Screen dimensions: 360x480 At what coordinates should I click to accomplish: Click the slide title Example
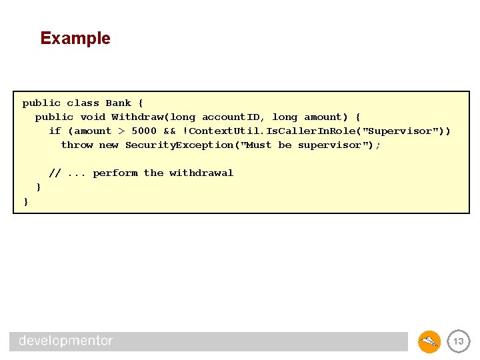point(75,38)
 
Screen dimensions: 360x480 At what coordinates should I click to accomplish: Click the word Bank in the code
point(118,103)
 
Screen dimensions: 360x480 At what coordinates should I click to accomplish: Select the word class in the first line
point(83,103)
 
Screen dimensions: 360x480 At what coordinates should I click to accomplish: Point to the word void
point(93,117)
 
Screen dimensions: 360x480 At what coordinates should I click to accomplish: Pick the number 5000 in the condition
point(143,131)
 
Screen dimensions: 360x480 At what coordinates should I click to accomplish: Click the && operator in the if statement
point(169,131)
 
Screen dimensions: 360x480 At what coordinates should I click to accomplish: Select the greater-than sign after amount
point(121,131)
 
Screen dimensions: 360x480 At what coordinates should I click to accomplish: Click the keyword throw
point(77,145)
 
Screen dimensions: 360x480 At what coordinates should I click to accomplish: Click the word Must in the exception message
point(259,145)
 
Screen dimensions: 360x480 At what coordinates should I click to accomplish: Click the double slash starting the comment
point(55,173)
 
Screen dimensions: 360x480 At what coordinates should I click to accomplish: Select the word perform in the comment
point(115,173)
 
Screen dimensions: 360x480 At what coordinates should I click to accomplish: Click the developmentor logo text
point(66,341)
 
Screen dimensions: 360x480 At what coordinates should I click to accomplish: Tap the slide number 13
point(458,341)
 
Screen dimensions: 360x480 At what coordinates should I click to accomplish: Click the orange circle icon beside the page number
point(429,341)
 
